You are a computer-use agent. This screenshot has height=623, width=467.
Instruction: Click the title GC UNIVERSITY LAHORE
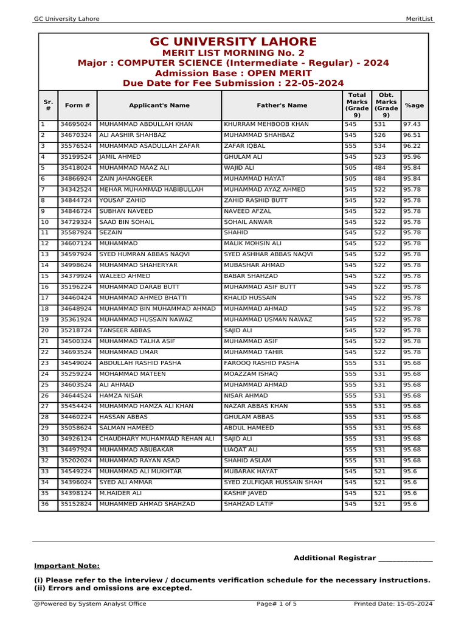point(233,42)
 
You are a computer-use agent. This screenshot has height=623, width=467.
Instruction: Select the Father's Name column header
point(282,105)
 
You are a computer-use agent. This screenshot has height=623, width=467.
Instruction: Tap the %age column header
point(414,105)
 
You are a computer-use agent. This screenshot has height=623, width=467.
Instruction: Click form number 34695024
point(76,124)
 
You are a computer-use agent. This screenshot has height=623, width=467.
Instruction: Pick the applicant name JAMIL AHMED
point(120,157)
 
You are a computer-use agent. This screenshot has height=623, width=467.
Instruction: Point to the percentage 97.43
point(412,124)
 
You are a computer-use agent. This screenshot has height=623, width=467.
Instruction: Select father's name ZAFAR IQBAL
point(244,146)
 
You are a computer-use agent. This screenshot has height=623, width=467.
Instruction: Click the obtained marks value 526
point(380,135)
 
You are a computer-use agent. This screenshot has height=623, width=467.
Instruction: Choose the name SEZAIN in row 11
point(111,232)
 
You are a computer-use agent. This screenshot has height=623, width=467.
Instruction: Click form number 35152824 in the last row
point(76,504)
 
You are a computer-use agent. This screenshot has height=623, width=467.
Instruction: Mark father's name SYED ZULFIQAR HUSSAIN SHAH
point(272,482)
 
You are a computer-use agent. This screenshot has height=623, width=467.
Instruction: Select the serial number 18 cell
point(44,308)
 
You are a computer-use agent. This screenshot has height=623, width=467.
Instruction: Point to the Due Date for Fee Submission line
point(233,83)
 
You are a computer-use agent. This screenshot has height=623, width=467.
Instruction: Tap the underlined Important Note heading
point(67,566)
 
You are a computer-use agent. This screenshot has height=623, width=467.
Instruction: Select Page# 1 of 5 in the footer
point(277,604)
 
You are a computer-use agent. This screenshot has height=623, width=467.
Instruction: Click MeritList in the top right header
point(419,19)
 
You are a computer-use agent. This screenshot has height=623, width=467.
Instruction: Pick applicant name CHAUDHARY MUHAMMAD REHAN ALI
point(157,439)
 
